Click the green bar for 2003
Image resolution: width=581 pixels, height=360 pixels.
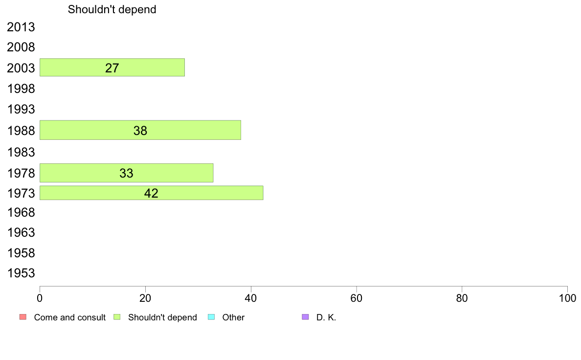pyautogui.click(x=112, y=67)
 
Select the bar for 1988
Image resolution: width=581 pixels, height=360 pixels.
pyautogui.click(x=140, y=130)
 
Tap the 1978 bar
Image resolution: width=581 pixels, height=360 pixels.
pyautogui.click(x=126, y=173)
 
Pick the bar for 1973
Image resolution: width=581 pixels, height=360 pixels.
pyautogui.click(x=151, y=193)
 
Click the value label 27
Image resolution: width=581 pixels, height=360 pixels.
pyautogui.click(x=112, y=68)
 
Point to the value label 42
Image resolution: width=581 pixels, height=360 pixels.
pyautogui.click(x=151, y=193)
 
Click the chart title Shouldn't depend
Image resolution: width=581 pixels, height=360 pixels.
pyautogui.click(x=112, y=9)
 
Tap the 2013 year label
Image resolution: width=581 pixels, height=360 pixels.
pyautogui.click(x=21, y=27)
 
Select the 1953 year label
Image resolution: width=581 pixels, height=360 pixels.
pyautogui.click(x=21, y=273)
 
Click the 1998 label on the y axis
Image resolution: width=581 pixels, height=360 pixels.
pyautogui.click(x=21, y=89)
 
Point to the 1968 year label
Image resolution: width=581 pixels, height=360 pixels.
pyautogui.click(x=21, y=212)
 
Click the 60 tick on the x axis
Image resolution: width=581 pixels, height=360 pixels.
pyautogui.click(x=356, y=298)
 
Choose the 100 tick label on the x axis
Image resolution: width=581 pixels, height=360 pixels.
pyautogui.click(x=567, y=298)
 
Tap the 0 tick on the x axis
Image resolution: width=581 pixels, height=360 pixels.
pyautogui.click(x=40, y=298)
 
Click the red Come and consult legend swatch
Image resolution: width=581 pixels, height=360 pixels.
pyautogui.click(x=22, y=317)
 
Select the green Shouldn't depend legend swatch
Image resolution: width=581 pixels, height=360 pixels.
pyautogui.click(x=117, y=317)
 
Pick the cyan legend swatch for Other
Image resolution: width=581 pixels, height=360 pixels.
pyautogui.click(x=211, y=317)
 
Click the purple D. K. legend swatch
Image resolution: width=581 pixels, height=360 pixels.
pyautogui.click(x=305, y=317)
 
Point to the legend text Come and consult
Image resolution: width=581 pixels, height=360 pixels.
pyautogui.click(x=70, y=317)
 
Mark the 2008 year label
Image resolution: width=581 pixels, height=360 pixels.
pyautogui.click(x=21, y=47)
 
